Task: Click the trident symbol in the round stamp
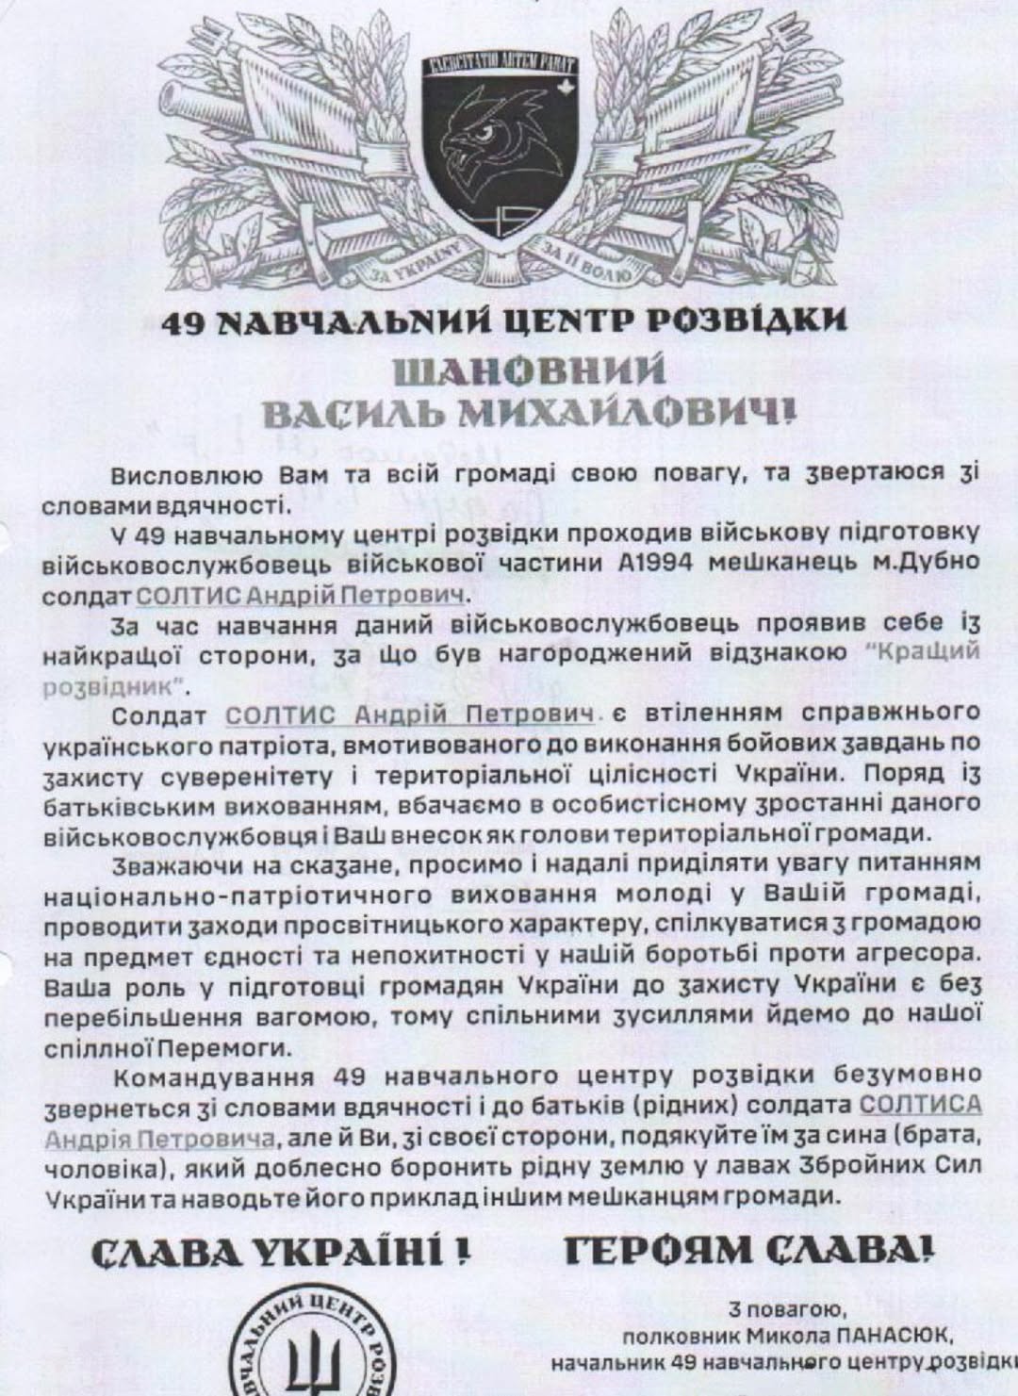click(x=310, y=1368)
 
